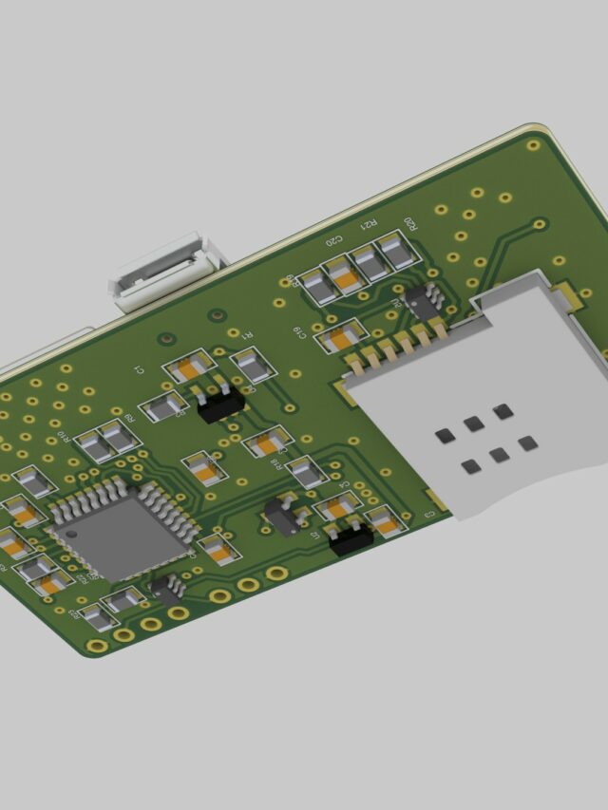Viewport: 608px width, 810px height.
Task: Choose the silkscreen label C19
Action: click(x=300, y=330)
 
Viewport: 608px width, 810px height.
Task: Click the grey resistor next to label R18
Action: click(x=306, y=472)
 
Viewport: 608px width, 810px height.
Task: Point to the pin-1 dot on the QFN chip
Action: click(x=72, y=533)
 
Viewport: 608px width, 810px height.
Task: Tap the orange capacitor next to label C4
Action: click(x=338, y=507)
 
